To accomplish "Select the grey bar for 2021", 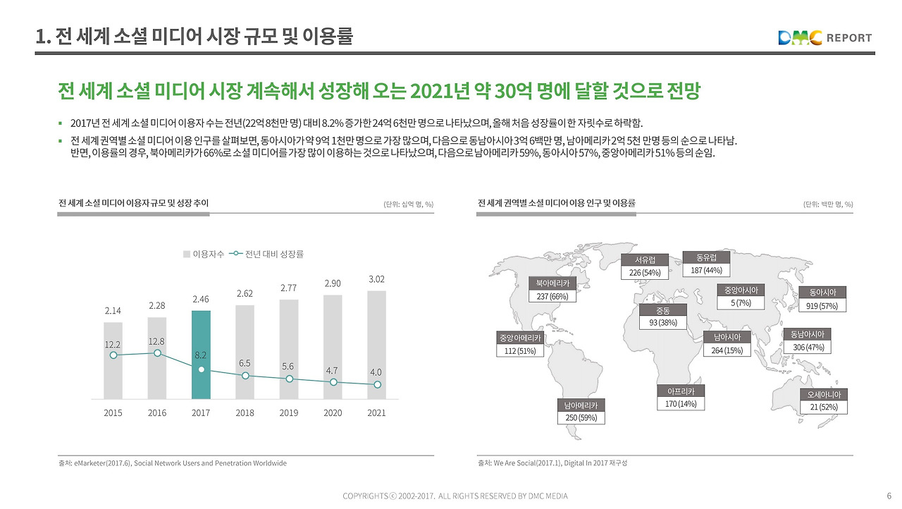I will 377,345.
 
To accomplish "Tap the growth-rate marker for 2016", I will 158,353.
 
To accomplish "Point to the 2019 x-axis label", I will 289,413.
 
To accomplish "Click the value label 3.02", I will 377,280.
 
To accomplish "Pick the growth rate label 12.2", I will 113,344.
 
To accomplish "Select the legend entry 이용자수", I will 204,254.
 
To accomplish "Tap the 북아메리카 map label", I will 552,283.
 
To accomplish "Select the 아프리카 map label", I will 681,391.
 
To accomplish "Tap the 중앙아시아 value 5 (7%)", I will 741,303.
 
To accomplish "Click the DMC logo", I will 800,38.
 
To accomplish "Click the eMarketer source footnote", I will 173,463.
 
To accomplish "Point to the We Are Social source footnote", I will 552,463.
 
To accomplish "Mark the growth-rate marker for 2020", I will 333,382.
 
